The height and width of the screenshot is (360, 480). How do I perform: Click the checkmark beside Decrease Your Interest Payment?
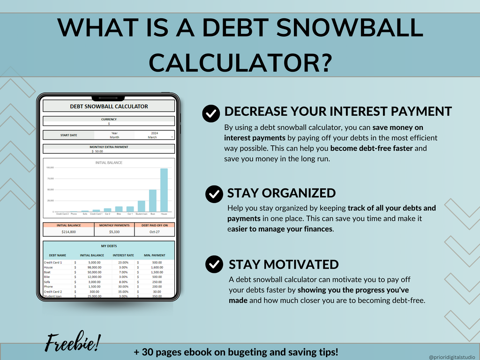coord(211,113)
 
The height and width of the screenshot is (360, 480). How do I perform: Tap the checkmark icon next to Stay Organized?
coord(214,194)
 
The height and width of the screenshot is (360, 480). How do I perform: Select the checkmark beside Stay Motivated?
coord(214,264)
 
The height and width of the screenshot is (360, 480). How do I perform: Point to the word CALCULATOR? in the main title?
coord(240,61)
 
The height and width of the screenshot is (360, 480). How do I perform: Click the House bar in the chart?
coord(164,190)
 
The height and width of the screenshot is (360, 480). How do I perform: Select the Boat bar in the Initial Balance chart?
coord(153,201)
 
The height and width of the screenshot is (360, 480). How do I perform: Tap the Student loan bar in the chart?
coord(142,206)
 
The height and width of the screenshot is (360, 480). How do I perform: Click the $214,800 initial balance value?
coord(68,232)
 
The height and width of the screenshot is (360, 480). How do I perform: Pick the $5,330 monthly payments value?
coord(114,232)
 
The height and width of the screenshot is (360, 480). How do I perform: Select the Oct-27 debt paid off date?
coord(155,232)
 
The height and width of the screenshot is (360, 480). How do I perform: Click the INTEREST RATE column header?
coord(123,255)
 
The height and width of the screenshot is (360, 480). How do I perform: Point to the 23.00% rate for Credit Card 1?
coord(123,262)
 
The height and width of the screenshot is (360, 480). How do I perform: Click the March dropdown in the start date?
coord(154,137)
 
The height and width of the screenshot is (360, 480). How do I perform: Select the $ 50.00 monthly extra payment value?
coord(98,151)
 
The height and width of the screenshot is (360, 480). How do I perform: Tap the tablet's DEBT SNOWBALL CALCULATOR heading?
coord(109,106)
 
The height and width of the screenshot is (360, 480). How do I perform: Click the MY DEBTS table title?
coord(109,246)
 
